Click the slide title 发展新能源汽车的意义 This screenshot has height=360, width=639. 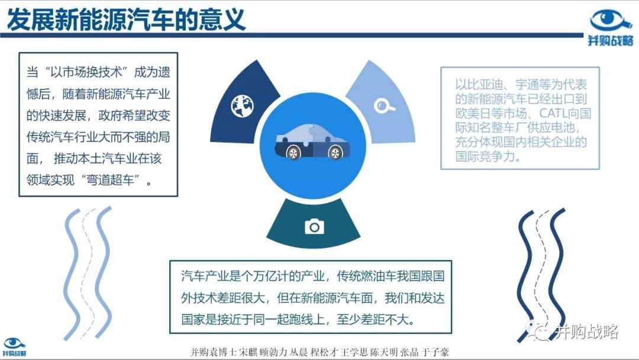(x=127, y=19)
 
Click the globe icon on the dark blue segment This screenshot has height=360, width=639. (x=243, y=105)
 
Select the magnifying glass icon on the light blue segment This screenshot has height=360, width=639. (x=383, y=105)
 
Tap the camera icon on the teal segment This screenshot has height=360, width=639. (x=314, y=226)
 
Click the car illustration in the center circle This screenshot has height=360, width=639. (x=312, y=141)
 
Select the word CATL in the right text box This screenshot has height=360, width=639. (x=553, y=113)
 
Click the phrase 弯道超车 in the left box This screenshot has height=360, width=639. (x=110, y=180)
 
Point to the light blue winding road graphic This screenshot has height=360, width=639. (x=87, y=273)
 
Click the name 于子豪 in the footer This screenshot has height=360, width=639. (x=435, y=352)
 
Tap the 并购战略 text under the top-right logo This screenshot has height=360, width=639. (x=611, y=40)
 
